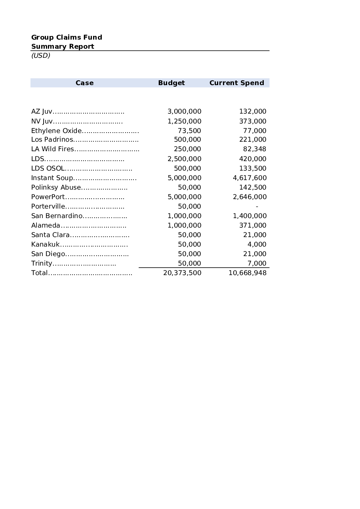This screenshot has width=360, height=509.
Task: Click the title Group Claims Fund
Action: click(67, 37)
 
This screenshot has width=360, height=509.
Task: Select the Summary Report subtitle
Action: click(63, 46)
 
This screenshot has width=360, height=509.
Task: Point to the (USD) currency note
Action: click(41, 55)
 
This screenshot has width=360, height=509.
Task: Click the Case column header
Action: click(84, 83)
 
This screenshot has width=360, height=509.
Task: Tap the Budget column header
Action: click(171, 83)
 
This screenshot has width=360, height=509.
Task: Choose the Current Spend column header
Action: click(236, 83)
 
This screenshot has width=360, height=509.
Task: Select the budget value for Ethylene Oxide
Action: click(189, 131)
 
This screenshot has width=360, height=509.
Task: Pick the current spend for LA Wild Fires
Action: click(254, 149)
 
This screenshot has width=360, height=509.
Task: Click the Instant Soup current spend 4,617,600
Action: click(250, 178)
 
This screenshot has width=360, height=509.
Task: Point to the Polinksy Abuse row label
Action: click(56, 188)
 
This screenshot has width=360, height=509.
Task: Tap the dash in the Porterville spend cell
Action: click(257, 207)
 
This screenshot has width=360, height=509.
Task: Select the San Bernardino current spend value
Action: click(250, 216)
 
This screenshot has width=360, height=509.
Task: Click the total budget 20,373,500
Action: click(182, 273)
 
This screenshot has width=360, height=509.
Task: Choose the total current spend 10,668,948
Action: click(248, 273)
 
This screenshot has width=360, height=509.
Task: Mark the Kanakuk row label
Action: click(45, 245)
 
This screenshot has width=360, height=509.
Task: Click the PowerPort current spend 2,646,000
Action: click(250, 197)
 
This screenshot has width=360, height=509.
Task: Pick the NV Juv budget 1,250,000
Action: click(184, 121)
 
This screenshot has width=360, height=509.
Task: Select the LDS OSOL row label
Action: click(48, 169)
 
